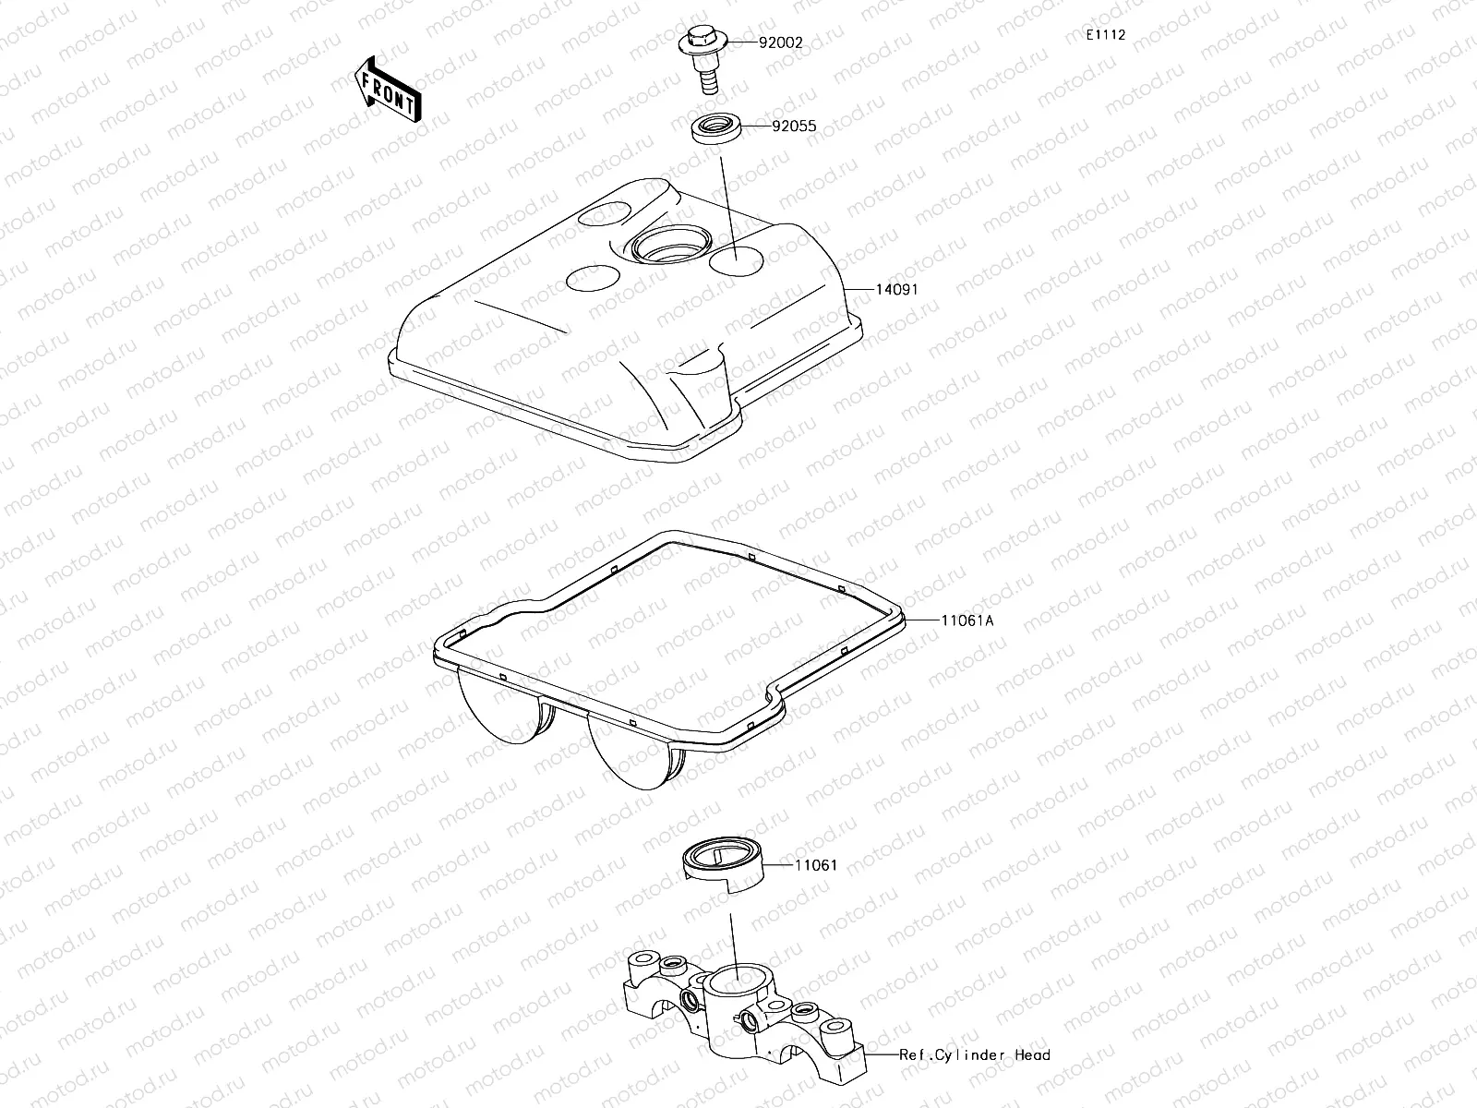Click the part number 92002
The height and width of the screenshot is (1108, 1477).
pos(781,42)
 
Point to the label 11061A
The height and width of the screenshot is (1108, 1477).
pos(967,621)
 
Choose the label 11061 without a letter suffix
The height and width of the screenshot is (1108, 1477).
pos(817,865)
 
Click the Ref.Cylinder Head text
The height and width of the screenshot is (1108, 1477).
pos(976,1054)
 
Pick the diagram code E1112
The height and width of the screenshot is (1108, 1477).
pos(1105,35)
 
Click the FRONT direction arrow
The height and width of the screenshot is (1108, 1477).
pos(388,89)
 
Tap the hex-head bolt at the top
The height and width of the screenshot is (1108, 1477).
pos(706,42)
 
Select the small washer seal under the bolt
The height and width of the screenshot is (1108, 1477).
pos(716,126)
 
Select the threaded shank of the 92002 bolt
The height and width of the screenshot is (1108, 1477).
pos(708,82)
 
